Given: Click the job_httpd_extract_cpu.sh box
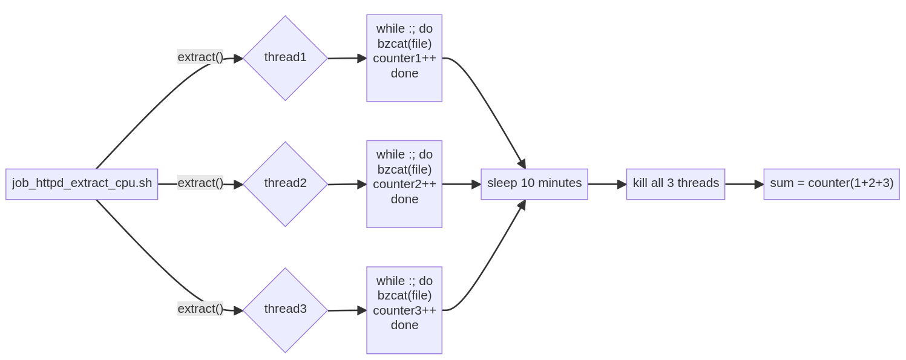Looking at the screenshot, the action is (x=82, y=184).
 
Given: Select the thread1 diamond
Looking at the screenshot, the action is (x=285, y=58).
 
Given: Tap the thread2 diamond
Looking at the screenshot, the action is (x=285, y=184).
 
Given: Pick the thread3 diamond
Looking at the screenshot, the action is (x=285, y=310).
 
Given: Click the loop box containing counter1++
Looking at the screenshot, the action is (x=404, y=58).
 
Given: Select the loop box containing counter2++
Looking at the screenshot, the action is (x=404, y=184).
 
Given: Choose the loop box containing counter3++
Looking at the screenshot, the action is (x=404, y=310).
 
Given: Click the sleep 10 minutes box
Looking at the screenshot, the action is (x=534, y=184).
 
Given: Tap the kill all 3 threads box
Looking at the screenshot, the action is (x=675, y=184).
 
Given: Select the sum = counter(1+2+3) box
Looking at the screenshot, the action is (x=832, y=184).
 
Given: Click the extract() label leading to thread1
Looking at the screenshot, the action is (x=200, y=57).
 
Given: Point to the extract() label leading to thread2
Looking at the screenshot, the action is (x=200, y=183).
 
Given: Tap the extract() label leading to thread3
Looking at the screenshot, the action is (x=200, y=309).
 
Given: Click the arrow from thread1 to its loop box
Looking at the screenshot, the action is (x=347, y=58).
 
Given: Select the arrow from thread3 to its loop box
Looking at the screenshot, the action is (x=347, y=310).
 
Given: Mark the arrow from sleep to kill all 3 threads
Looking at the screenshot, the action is (x=607, y=184).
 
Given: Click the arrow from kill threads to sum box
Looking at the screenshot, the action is (x=744, y=184).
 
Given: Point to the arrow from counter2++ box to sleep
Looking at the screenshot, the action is (x=462, y=184).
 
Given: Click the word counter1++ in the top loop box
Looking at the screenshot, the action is (x=404, y=58).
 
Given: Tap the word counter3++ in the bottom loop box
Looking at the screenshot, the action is (x=404, y=310).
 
